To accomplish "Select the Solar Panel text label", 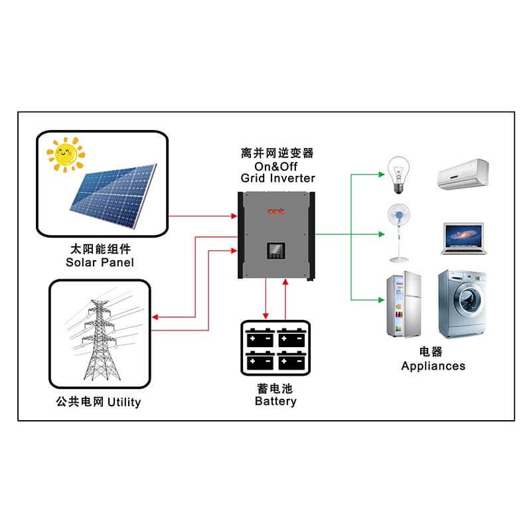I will (100, 262).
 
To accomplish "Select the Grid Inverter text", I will (278, 178).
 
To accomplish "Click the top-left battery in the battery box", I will (260, 338).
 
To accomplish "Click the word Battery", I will (275, 401).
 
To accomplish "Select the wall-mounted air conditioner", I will (462, 173).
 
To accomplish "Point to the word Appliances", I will (433, 366).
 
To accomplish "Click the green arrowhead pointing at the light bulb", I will (381, 175).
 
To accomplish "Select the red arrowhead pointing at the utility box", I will (155, 318).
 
